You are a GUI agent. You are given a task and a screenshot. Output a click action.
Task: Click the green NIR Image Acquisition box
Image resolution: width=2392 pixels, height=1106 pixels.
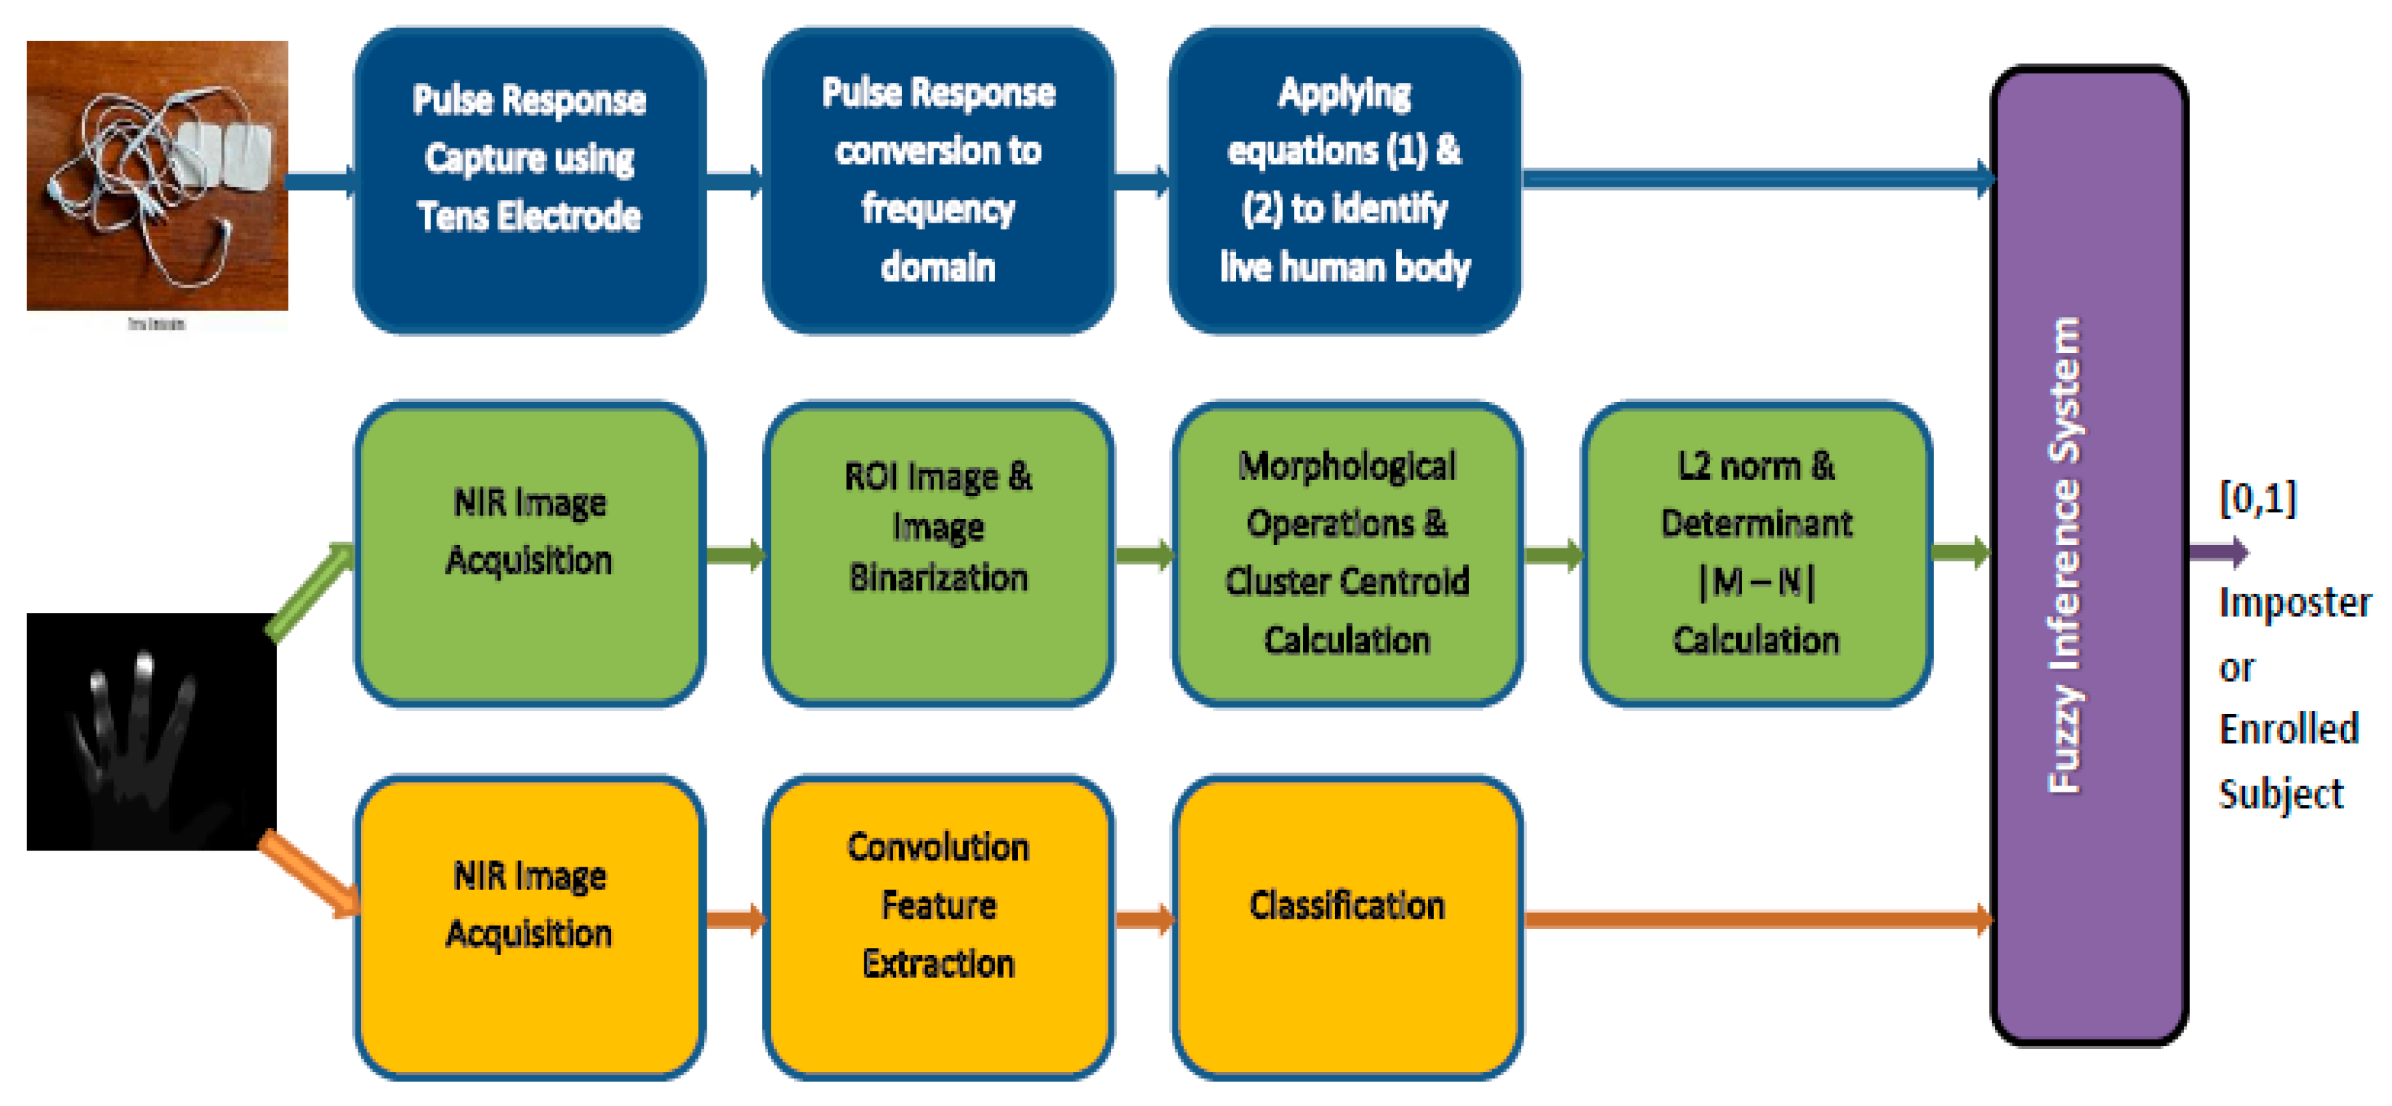(529, 554)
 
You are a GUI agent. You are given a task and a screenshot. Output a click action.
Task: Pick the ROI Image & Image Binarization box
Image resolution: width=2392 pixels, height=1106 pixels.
(938, 554)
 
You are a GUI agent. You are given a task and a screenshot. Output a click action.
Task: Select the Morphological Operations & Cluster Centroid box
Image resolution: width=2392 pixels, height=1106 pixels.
(1346, 554)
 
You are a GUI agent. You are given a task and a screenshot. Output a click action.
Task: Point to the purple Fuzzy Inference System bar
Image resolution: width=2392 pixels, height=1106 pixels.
(2089, 555)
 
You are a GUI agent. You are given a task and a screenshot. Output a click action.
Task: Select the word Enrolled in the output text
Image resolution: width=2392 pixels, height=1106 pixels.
(2288, 729)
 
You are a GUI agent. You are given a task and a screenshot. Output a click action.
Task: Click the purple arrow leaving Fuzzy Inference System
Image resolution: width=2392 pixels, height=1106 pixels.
(2220, 554)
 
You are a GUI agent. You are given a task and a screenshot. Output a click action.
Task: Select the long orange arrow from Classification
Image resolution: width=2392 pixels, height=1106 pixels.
(1755, 919)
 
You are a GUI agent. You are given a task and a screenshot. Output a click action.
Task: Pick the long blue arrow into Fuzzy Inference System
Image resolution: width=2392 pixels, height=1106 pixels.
(1755, 179)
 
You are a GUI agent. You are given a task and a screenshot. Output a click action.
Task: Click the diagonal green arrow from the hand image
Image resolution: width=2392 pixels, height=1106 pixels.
(310, 592)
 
